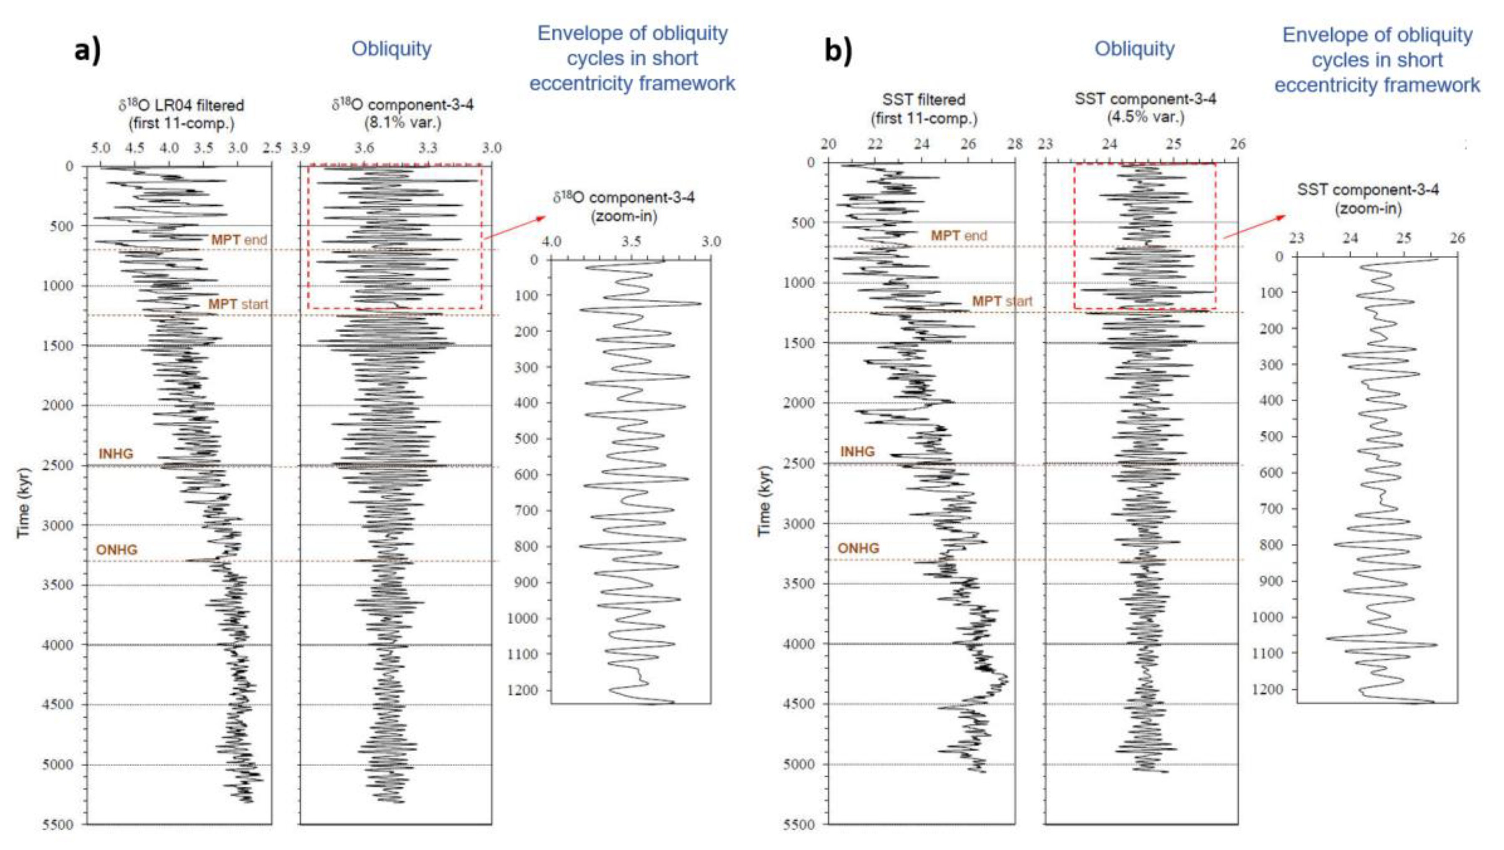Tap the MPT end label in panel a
coord(239,239)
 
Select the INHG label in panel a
coord(116,454)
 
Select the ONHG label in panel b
coord(858,548)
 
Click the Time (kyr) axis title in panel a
coord(23,502)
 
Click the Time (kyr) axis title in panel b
coord(764,501)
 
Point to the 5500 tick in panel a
coord(58,824)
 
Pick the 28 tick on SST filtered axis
coord(1015,144)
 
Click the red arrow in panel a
coord(514,227)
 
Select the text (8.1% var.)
coord(402,123)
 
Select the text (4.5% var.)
coord(1145,117)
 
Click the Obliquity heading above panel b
coord(1134,49)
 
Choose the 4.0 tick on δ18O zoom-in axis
coord(552,241)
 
